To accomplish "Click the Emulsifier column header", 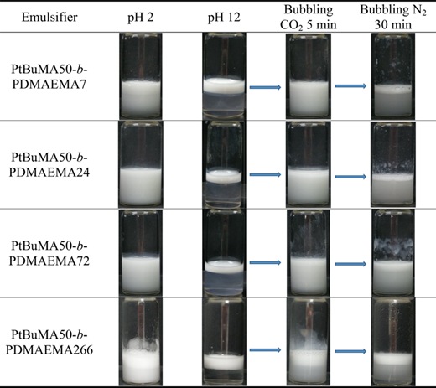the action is [x=49, y=18].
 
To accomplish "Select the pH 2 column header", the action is [x=141, y=18].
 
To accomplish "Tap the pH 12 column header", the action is [x=224, y=18].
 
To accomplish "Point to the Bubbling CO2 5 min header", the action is [x=309, y=17].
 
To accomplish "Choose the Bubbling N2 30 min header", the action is [x=393, y=17].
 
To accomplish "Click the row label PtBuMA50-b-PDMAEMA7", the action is [x=49, y=76].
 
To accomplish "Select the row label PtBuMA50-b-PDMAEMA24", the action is [x=49, y=165].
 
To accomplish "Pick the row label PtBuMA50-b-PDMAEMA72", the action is [x=49, y=253].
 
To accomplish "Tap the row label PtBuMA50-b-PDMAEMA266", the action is [x=49, y=342].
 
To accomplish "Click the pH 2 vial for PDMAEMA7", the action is [x=141, y=76].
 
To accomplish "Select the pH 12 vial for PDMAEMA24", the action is [x=224, y=165].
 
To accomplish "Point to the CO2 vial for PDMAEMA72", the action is [x=309, y=253].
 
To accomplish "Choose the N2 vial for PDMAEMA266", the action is [x=393, y=342].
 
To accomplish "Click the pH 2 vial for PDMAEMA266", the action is [x=141, y=342].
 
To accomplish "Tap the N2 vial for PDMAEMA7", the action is [x=393, y=76].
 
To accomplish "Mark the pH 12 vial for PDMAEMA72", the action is [x=224, y=253].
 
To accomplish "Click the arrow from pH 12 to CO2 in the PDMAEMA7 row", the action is [x=265, y=87].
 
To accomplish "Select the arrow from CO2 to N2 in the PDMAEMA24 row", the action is [x=350, y=177].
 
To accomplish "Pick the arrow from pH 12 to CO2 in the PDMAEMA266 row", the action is [x=265, y=349].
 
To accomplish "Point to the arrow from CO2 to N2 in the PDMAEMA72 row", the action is [x=350, y=264].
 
